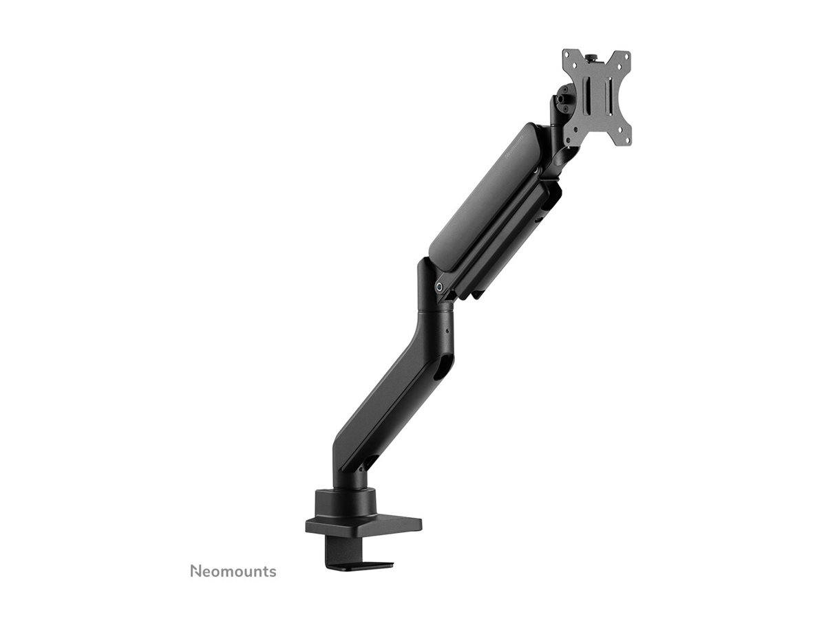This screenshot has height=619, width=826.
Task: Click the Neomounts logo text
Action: (233, 572)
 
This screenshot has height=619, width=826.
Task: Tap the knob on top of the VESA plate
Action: (596, 54)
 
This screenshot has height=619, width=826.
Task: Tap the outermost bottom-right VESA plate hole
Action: (626, 140)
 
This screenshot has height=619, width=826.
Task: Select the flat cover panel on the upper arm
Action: (482, 199)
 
